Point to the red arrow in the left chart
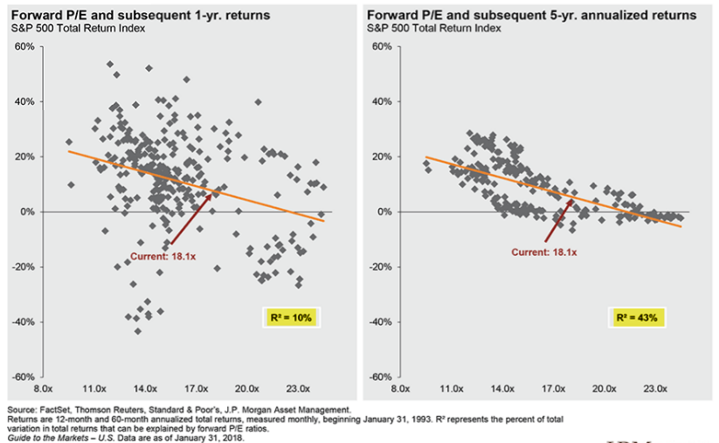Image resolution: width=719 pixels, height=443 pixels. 191,218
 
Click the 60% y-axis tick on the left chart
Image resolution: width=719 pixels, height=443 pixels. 24,46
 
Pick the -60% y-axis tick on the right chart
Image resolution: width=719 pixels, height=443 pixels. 382,377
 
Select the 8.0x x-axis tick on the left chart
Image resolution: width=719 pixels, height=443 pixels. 43,387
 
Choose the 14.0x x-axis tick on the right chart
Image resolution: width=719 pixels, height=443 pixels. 502,387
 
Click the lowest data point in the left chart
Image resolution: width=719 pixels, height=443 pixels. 137,330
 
